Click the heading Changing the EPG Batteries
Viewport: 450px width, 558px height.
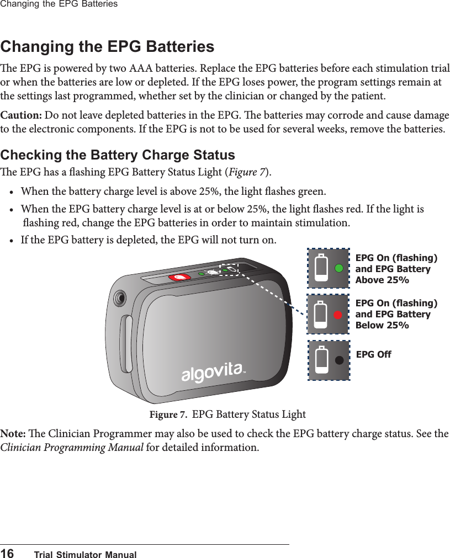point(107,46)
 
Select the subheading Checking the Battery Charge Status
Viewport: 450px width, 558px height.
point(118,155)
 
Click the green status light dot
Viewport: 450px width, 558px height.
point(340,268)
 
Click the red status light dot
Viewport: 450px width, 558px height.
point(339,314)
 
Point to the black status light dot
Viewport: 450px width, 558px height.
point(340,359)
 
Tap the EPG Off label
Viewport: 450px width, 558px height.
point(374,354)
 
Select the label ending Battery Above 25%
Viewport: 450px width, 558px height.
point(396,269)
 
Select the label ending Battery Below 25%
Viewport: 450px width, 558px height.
point(396,314)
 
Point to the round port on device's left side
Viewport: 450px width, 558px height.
point(118,299)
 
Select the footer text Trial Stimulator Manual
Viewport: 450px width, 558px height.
point(85,554)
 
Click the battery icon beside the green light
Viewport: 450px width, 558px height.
point(321,268)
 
